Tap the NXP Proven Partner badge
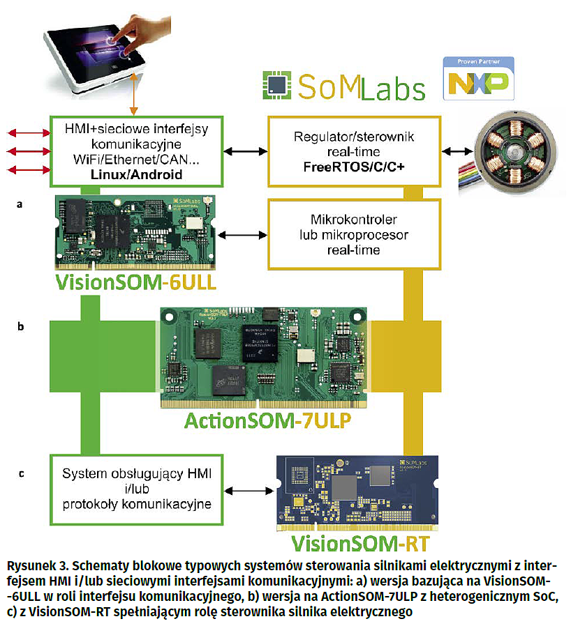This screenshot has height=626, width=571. [479, 78]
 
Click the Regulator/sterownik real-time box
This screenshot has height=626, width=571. [355, 151]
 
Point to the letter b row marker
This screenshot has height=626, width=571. [22, 326]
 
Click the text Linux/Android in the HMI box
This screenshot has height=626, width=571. [136, 174]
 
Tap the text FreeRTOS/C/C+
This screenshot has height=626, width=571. [355, 168]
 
